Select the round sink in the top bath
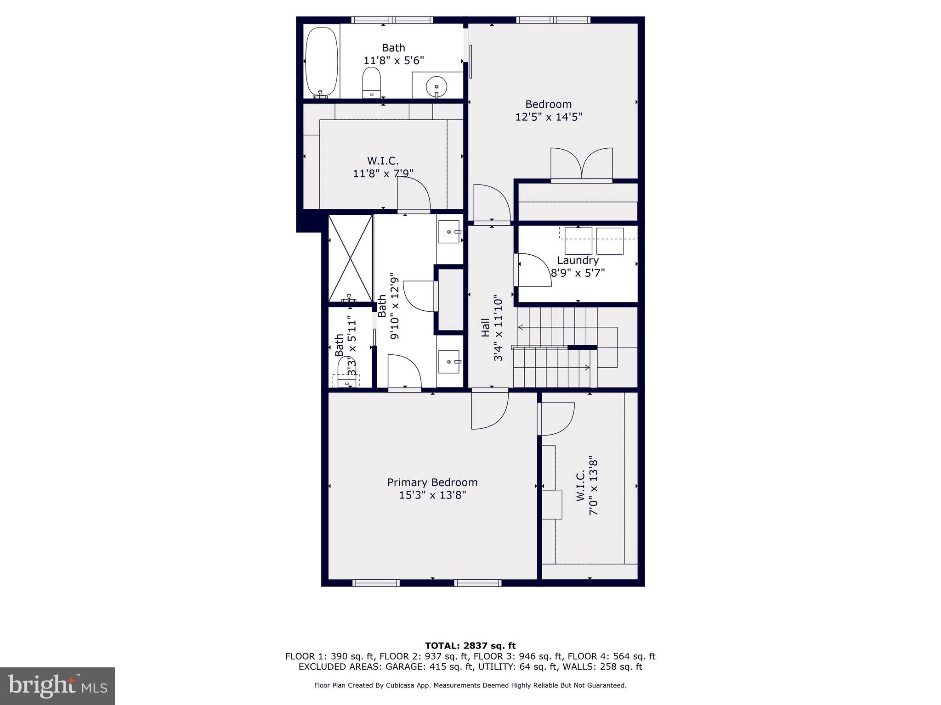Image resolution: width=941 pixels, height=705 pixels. (x=436, y=86)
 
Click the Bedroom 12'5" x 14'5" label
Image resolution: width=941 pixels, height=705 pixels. (x=549, y=111)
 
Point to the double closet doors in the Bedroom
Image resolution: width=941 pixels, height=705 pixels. (x=582, y=164)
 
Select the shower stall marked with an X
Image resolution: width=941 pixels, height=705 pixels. (x=350, y=258)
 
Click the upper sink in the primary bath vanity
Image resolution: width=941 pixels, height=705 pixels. (x=448, y=232)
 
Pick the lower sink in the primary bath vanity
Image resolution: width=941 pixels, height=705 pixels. (x=448, y=362)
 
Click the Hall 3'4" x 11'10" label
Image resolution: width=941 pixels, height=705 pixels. (x=492, y=328)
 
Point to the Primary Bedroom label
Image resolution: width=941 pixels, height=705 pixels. (x=432, y=488)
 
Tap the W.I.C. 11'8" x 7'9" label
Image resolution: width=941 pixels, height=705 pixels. (x=383, y=167)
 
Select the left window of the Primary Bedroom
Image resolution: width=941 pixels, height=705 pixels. (x=376, y=583)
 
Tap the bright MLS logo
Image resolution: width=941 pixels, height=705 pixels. (x=57, y=686)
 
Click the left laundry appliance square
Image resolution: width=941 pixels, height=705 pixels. (x=578, y=241)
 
